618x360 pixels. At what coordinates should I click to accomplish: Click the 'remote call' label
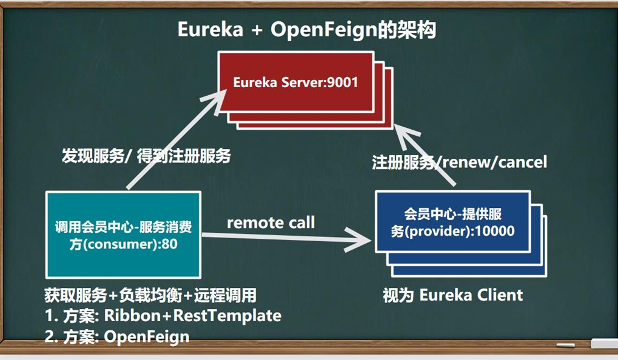pos(270,222)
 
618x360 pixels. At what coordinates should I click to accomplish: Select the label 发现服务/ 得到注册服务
pos(146,156)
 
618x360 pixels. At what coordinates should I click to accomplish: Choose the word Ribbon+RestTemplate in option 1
pos(192,316)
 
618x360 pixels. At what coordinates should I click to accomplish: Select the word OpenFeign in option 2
pos(146,336)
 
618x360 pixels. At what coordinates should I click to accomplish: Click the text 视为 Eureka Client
pos(452,295)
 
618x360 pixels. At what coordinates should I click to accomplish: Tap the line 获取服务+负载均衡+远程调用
pos(150,295)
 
